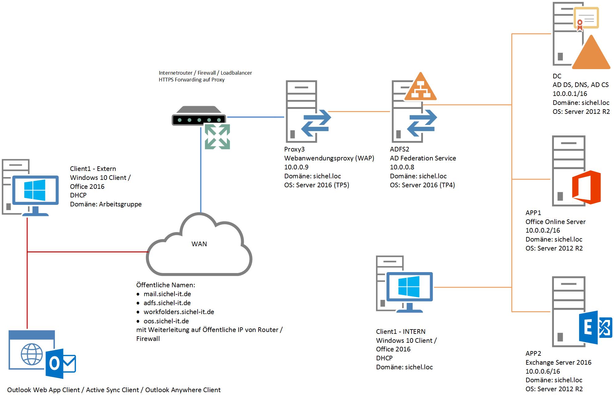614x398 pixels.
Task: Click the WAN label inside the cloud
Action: pyautogui.click(x=199, y=244)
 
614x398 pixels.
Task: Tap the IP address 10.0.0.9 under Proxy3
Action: pyautogui.click(x=296, y=167)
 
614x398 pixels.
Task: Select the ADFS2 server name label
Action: pyautogui.click(x=399, y=149)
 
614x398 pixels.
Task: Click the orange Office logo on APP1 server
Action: pyautogui.click(x=586, y=187)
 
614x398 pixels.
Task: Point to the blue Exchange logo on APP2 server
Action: pyautogui.click(x=595, y=327)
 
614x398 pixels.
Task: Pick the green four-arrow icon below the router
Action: pyautogui.click(x=217, y=137)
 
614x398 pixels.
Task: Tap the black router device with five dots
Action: pyautogui.click(x=199, y=117)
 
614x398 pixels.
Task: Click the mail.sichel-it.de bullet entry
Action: pyautogui.click(x=167, y=294)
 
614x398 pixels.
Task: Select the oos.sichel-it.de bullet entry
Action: pyautogui.click(x=166, y=321)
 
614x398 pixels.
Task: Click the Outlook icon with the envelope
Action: pyautogui.click(x=60, y=363)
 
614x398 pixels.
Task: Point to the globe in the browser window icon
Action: pyautogui.click(x=32, y=354)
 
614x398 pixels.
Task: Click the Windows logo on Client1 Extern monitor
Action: pyautogui.click(x=35, y=190)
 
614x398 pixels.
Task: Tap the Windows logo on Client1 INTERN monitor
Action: pyautogui.click(x=409, y=287)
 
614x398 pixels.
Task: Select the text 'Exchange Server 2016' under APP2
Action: pyautogui.click(x=558, y=362)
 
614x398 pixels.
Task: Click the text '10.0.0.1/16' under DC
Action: pyautogui.click(x=570, y=93)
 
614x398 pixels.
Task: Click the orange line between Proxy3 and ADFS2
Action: pyautogui.click(x=359, y=111)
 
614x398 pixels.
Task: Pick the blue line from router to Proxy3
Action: pyautogui.click(x=255, y=117)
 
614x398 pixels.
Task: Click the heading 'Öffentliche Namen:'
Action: pyautogui.click(x=166, y=285)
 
